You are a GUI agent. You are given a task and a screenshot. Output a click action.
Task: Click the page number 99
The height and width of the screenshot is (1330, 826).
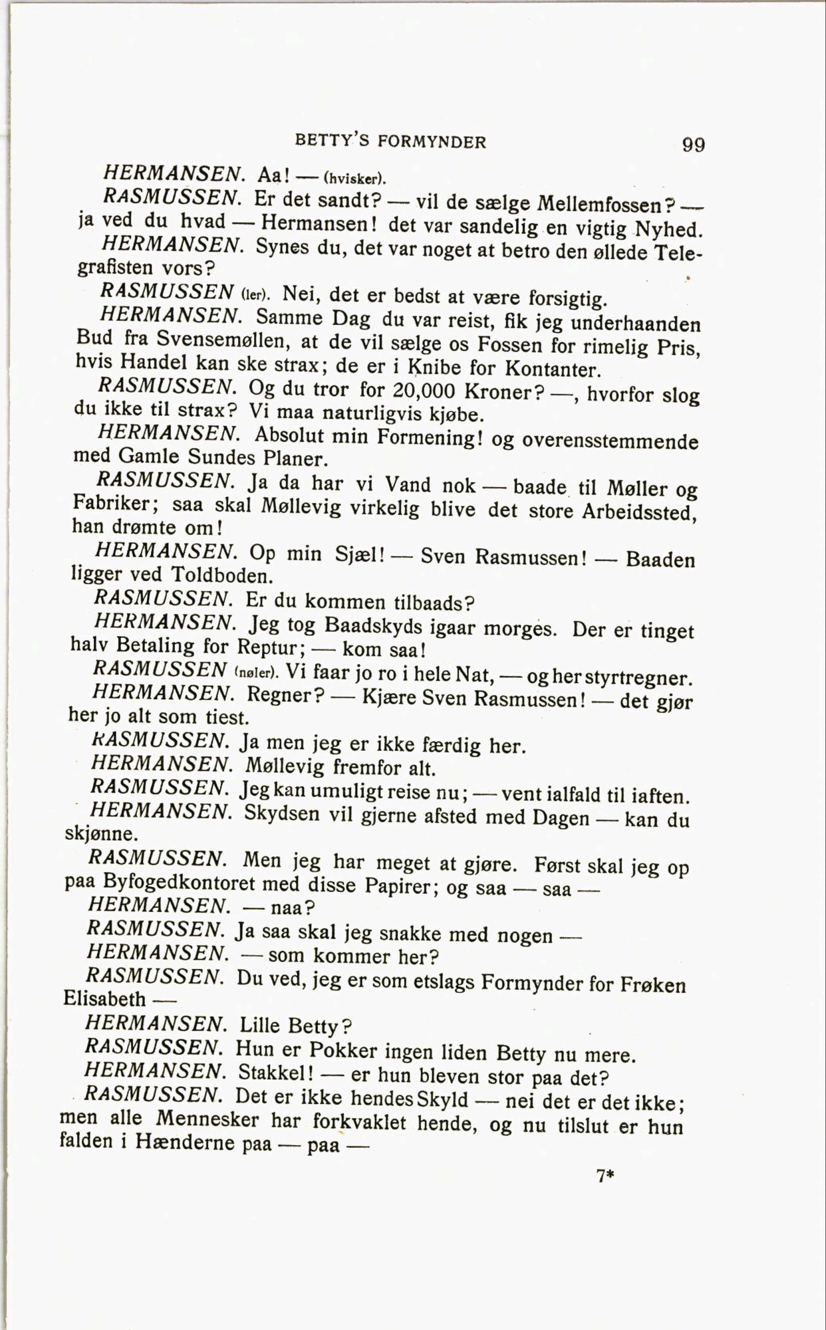[x=693, y=145]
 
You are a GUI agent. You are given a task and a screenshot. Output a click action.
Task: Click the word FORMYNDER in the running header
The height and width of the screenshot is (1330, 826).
[x=432, y=142]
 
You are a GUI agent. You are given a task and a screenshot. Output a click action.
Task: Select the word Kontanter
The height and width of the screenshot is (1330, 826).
[x=552, y=369]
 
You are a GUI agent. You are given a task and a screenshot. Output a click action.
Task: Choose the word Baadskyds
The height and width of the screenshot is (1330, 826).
[x=374, y=625]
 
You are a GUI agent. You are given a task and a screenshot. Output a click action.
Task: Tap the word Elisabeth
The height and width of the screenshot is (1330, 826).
[x=105, y=999]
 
